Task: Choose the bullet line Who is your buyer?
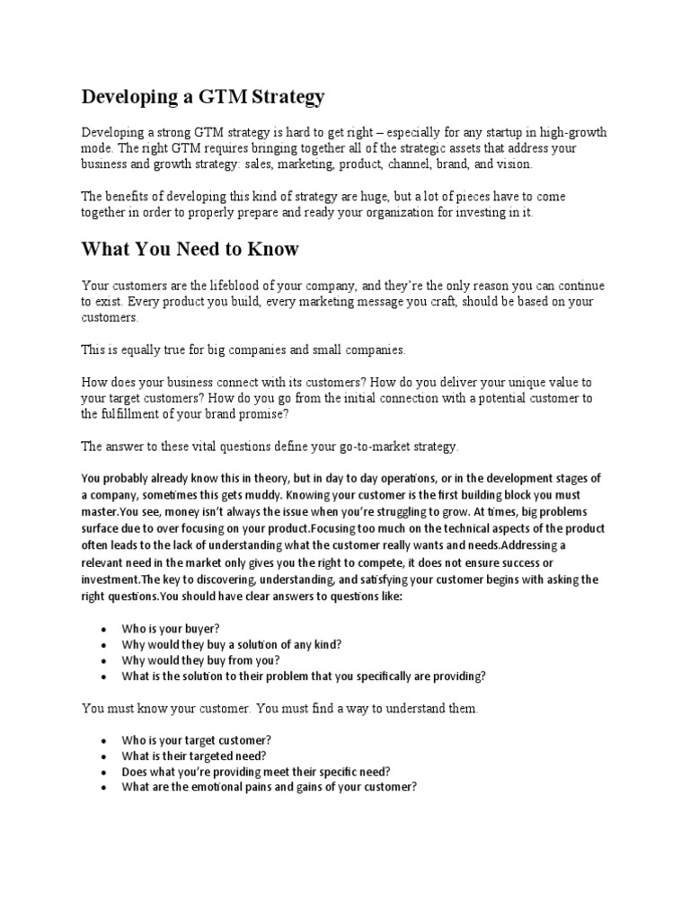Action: point(171,629)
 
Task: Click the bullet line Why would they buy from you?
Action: point(200,660)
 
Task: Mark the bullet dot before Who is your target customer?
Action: point(106,739)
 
